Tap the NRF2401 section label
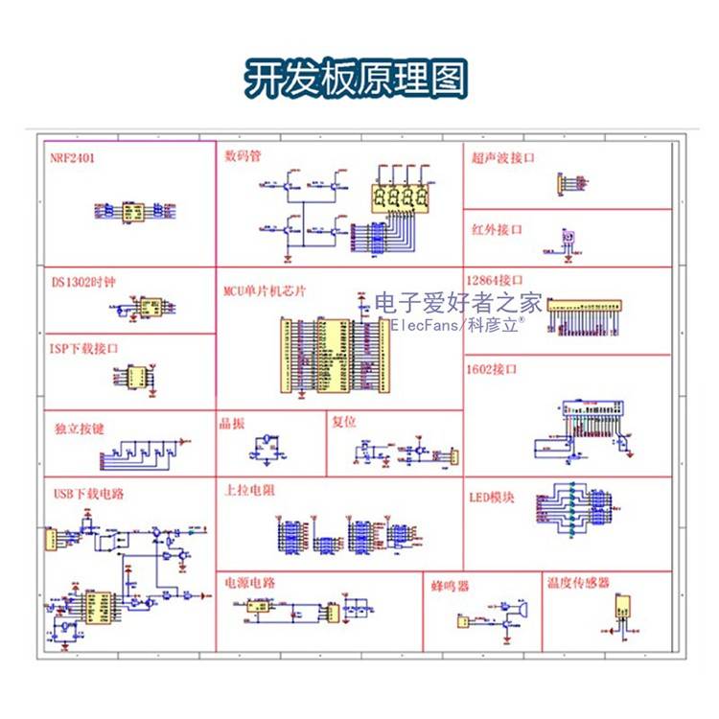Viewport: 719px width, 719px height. point(73,155)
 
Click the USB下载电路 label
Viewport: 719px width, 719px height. point(87,494)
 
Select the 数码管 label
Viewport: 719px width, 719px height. point(244,154)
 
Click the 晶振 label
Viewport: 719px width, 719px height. point(232,423)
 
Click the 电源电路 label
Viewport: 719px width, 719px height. point(249,582)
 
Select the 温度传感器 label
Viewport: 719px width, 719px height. point(577,582)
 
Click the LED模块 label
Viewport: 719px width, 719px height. point(492,498)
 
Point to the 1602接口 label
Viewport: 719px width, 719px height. point(492,368)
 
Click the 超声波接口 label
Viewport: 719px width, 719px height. point(502,156)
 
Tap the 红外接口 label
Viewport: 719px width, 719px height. point(497,230)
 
